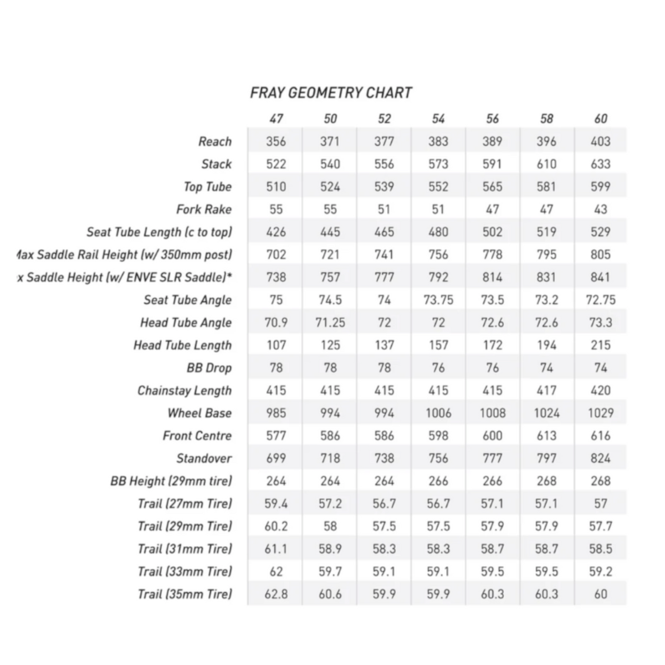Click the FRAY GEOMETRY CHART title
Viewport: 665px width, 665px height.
[331, 93]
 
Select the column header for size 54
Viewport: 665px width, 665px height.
[438, 119]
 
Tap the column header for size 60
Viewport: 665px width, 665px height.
[601, 119]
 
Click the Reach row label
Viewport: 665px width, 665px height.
[214, 142]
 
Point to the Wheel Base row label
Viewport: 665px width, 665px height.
[199, 413]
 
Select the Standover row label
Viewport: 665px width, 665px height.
[204, 459]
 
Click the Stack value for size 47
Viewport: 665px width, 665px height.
[276, 164]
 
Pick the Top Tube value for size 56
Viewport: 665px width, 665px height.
[492, 187]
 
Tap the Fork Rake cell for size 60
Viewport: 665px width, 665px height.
[601, 209]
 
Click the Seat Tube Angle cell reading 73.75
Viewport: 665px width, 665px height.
[438, 300]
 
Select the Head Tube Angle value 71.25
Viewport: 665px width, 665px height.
[330, 323]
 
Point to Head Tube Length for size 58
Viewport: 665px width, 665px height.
[546, 345]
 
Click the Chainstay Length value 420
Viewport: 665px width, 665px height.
[601, 391]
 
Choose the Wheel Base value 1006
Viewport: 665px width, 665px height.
[438, 413]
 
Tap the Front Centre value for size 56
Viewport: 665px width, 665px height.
[492, 436]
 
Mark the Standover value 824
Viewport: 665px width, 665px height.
[601, 459]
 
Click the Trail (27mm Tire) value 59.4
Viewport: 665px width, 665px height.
[276, 504]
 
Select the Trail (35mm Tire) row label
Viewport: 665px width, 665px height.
[185, 594]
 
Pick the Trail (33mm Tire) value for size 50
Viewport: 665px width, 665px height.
[330, 571]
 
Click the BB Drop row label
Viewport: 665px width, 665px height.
[209, 368]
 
